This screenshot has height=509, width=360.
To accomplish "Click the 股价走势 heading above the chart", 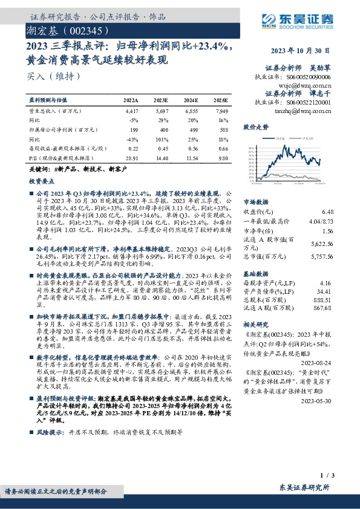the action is (x=255, y=127).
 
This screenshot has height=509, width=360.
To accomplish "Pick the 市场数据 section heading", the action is (x=255, y=202).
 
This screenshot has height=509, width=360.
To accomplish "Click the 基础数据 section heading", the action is (x=255, y=273).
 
